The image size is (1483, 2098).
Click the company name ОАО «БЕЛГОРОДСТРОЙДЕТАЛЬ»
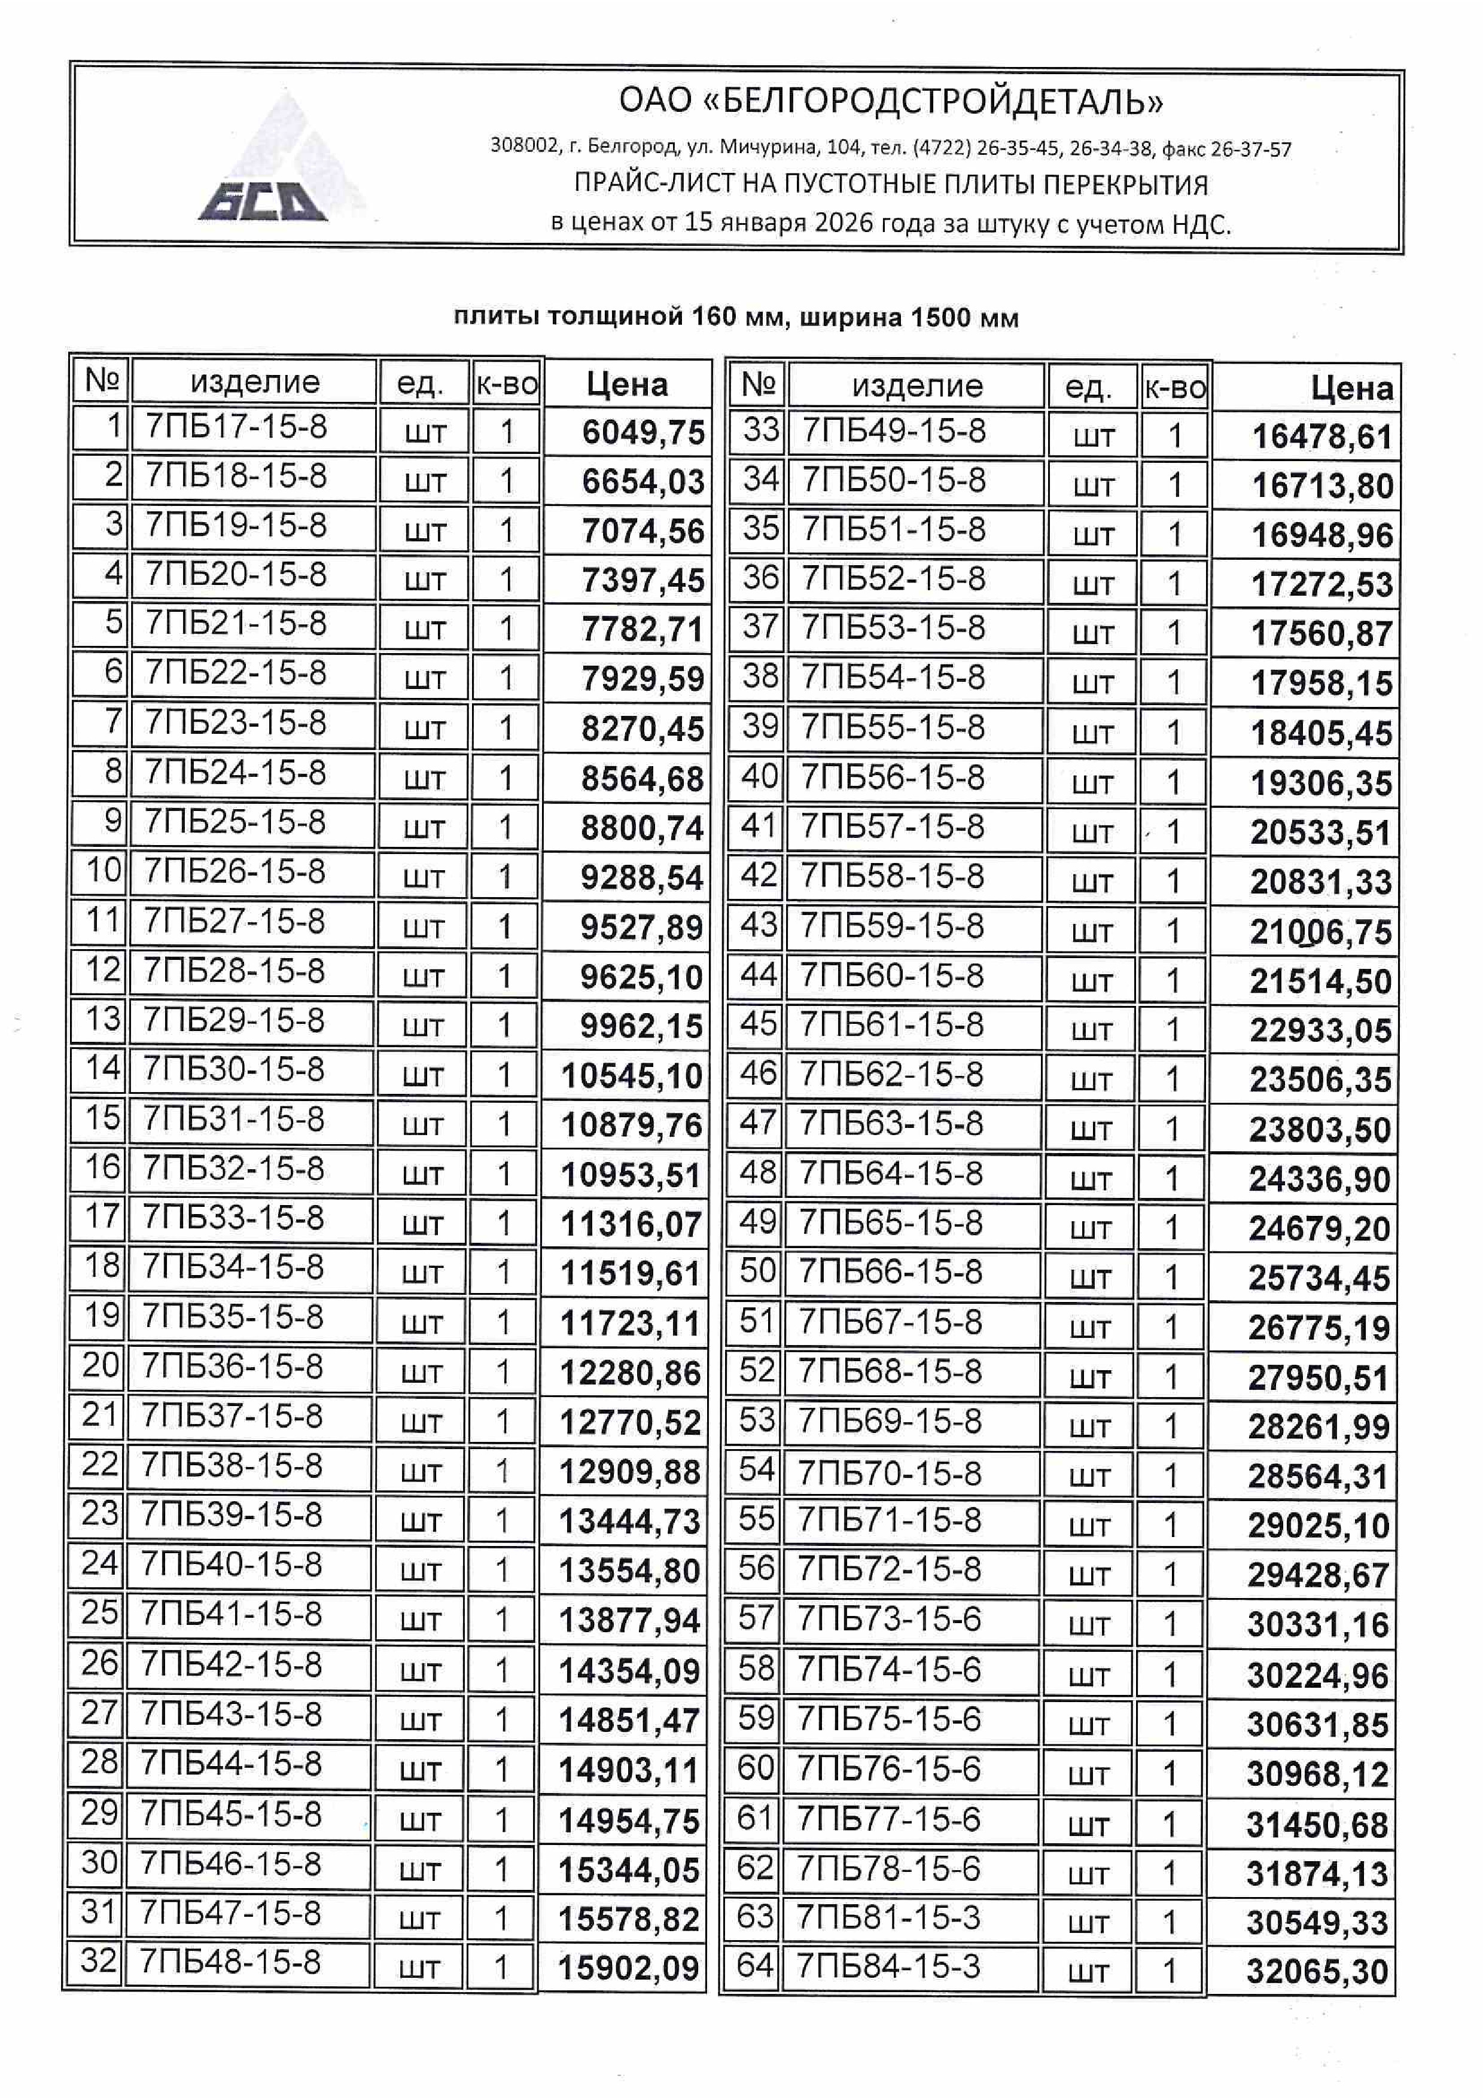(891, 100)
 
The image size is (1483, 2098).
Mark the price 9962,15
(641, 1026)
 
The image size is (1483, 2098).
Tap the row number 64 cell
(755, 1965)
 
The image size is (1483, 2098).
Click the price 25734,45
(1318, 1278)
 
